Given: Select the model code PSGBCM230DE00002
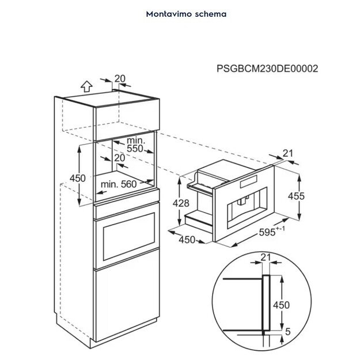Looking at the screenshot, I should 267,69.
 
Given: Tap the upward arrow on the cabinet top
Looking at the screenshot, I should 86,87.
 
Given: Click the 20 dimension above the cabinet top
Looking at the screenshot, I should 119,79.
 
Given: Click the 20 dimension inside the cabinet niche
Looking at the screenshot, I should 119,157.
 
